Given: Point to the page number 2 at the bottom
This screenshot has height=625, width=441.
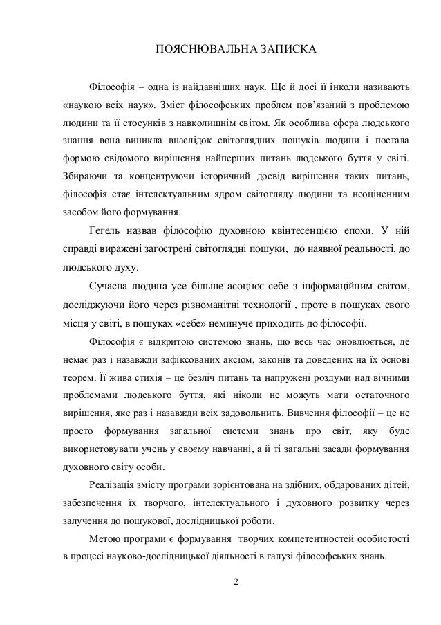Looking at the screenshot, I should point(235,580).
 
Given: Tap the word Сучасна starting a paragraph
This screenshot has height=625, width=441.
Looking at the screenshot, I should point(110,286).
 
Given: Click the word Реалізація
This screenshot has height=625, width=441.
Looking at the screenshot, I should point(116,483).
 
